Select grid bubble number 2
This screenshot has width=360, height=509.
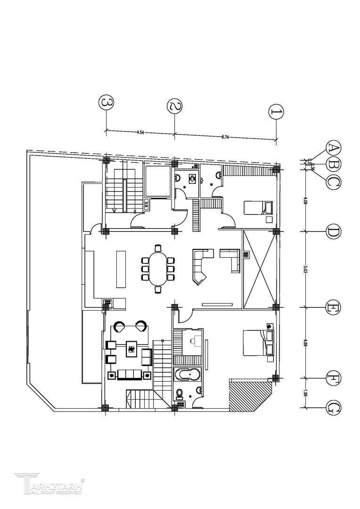coord(175,106)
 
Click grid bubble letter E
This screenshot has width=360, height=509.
coord(334,308)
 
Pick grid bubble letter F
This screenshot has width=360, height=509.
coord(334,378)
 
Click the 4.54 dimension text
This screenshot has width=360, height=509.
coord(140,132)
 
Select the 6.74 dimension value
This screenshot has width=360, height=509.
coord(225,137)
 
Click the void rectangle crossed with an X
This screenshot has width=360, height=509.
coord(258,269)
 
